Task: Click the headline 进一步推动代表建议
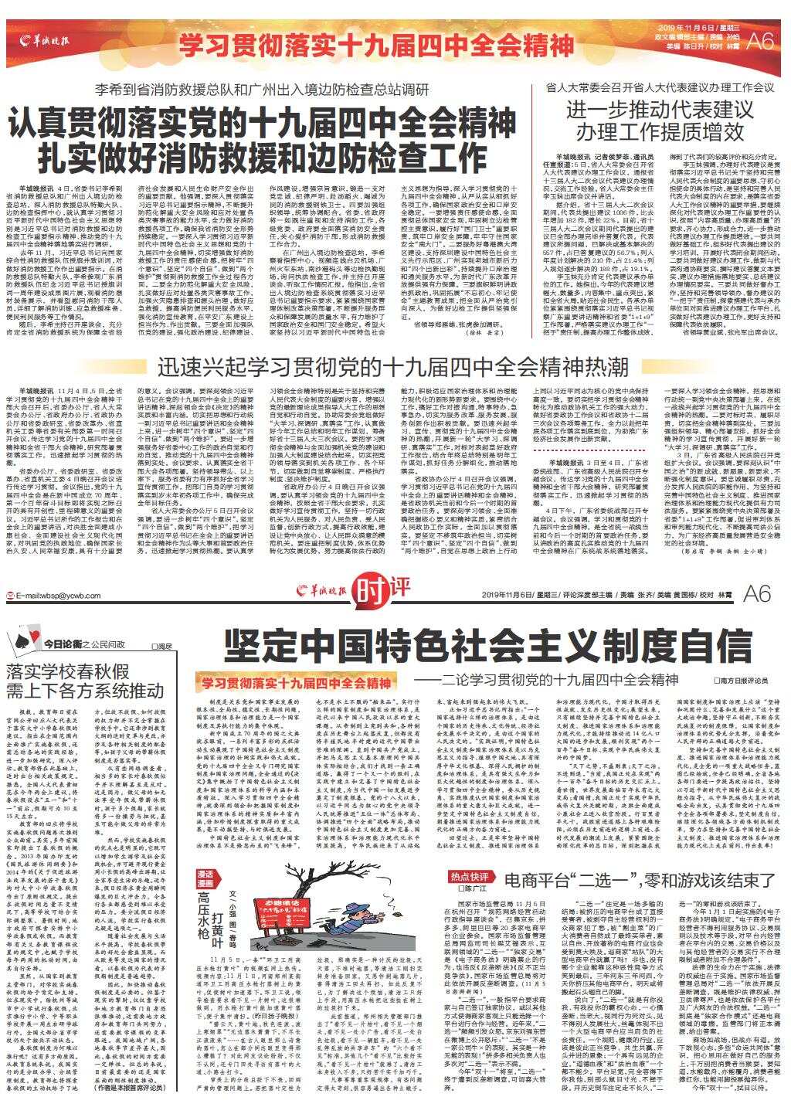(x=658, y=108)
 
